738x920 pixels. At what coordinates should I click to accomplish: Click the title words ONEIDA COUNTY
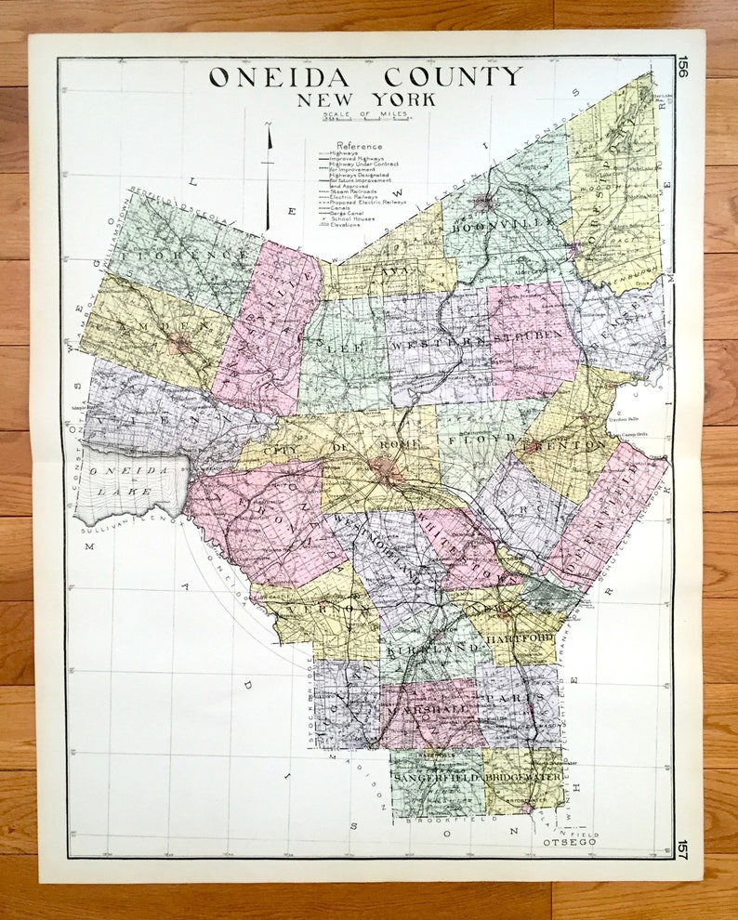click(x=364, y=77)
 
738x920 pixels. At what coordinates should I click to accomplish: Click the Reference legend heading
click(x=360, y=146)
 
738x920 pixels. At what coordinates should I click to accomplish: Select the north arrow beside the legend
click(x=270, y=177)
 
